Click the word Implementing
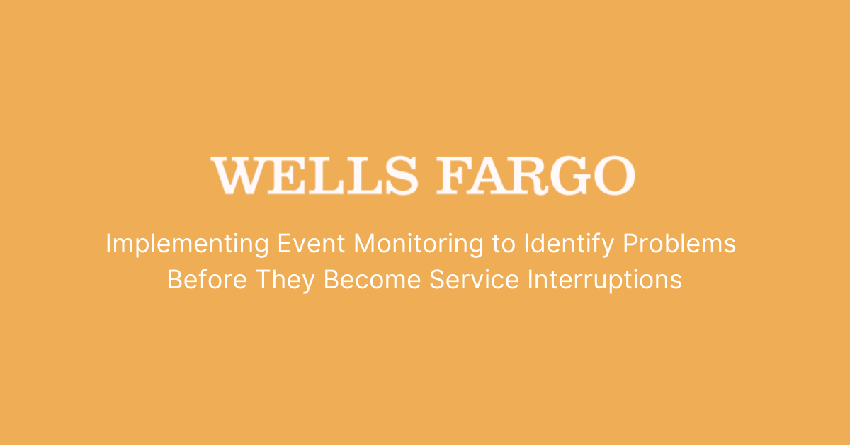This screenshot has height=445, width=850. click(x=187, y=244)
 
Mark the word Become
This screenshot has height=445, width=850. click(x=373, y=280)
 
